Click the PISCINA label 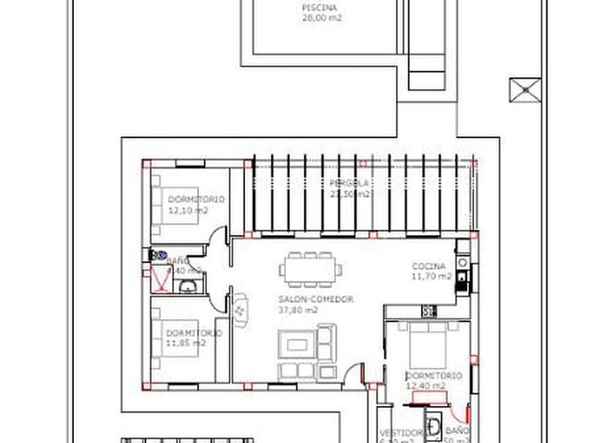click(319, 8)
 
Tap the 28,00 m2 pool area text click(322, 18)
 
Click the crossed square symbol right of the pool click(524, 89)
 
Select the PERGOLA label click(349, 183)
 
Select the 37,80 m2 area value click(297, 310)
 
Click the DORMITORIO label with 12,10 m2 click(196, 199)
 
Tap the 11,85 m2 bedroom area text click(185, 343)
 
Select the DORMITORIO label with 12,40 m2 click(433, 376)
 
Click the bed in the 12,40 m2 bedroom click(428, 346)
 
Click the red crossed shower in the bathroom click(161, 281)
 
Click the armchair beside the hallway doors click(240, 309)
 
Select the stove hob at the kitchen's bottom click(429, 311)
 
